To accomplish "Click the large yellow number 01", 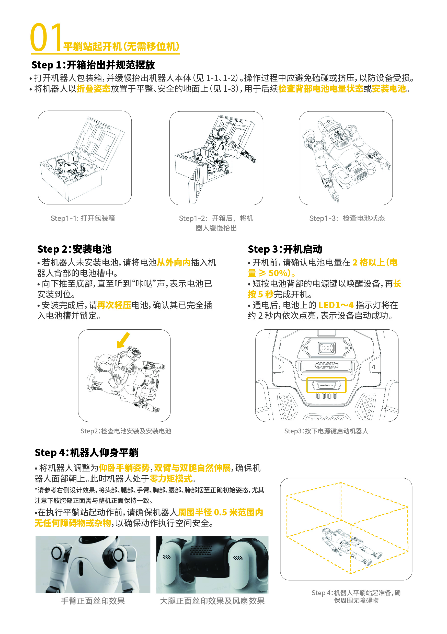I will pyautogui.click(x=46, y=38).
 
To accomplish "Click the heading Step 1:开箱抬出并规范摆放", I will pyautogui.click(x=93, y=65).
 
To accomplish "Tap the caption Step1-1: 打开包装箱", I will pyautogui.click(x=83, y=218).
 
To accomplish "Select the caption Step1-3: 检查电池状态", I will pyautogui.click(x=347, y=218).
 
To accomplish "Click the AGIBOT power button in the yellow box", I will pyautogui.click(x=326, y=385).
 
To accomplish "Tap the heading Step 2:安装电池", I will pyautogui.click(x=74, y=249).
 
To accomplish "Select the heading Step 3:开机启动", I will pyautogui.click(x=285, y=249).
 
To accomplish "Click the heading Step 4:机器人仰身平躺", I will pyautogui.click(x=86, y=453).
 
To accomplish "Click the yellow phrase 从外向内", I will pyautogui.click(x=174, y=262).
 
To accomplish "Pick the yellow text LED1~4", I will pyautogui.click(x=336, y=305).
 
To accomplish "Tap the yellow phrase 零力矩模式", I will pyautogui.click(x=171, y=478).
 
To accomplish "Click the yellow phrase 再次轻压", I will pyautogui.click(x=114, y=305).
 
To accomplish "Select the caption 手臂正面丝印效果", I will pyautogui.click(x=93, y=601).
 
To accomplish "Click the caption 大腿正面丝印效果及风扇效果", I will pyautogui.click(x=212, y=601).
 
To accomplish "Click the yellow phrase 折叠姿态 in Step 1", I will pyautogui.click(x=93, y=89).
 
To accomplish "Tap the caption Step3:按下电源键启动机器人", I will pyautogui.click(x=326, y=431).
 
